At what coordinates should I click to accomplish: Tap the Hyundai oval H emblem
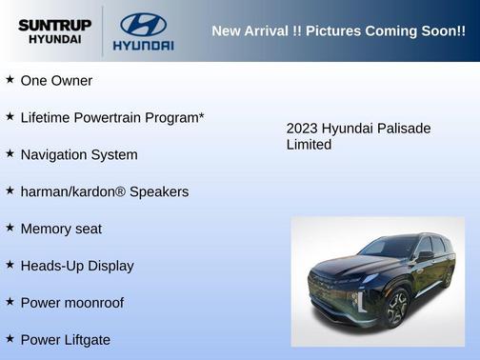tap(143, 23)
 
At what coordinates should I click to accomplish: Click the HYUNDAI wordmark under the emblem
tap(143, 45)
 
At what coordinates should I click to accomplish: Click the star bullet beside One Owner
tap(10, 80)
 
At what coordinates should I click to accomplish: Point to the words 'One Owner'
tap(56, 81)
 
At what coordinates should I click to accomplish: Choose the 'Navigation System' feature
tap(79, 155)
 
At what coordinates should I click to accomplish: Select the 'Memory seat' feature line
tap(61, 230)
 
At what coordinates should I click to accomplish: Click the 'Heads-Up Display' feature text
tap(77, 267)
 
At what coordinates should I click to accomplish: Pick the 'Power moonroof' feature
tap(72, 304)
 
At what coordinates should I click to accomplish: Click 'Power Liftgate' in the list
tap(66, 340)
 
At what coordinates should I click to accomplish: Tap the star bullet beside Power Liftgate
tap(10, 339)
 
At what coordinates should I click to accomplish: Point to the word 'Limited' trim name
tap(309, 145)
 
